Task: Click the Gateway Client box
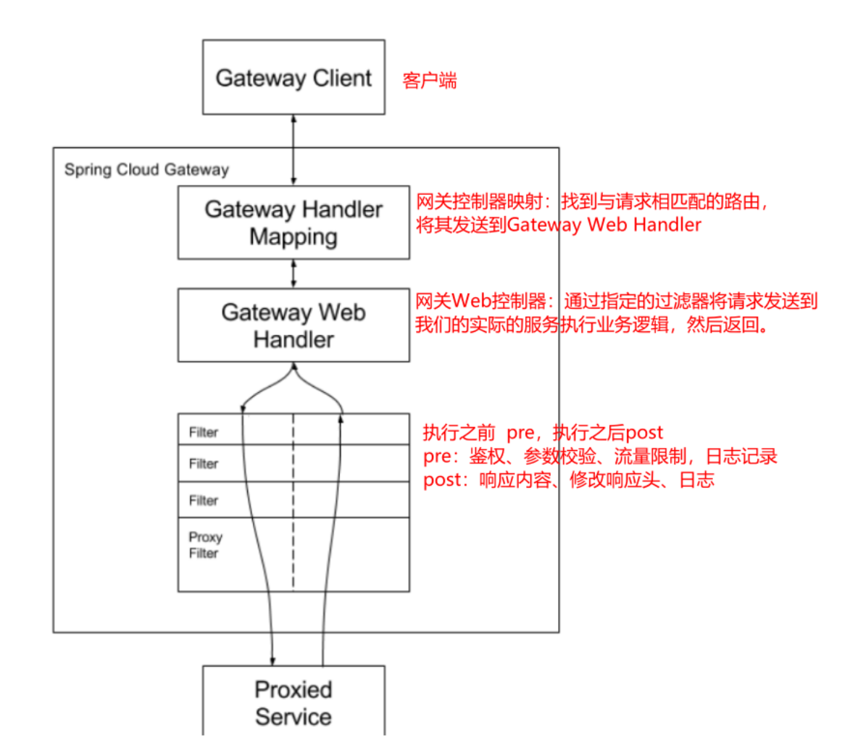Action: (293, 78)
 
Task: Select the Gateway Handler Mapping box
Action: (293, 223)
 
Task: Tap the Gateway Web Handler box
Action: (293, 325)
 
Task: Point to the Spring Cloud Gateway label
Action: (146, 170)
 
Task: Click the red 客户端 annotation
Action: (430, 80)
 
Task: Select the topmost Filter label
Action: (203, 432)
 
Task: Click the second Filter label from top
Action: (203, 464)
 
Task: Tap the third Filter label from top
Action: (203, 500)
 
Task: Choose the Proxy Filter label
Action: (205, 545)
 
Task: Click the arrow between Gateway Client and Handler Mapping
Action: (293, 149)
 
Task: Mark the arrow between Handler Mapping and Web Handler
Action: (293, 273)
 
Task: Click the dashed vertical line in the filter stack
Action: (293, 507)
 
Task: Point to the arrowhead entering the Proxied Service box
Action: (272, 660)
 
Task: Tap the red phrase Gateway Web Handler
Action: (604, 225)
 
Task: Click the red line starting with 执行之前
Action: (543, 433)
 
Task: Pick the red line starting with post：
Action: (569, 480)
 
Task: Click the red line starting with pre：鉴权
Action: (600, 456)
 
